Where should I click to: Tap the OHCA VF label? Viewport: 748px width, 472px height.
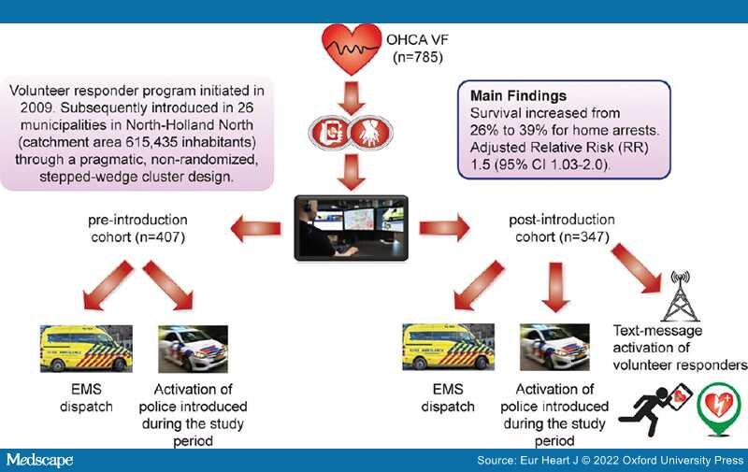point(417,40)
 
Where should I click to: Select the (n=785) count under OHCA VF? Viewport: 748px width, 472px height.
point(418,58)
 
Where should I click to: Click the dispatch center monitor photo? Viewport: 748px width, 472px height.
point(352,228)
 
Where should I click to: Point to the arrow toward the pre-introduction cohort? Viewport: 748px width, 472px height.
point(255,228)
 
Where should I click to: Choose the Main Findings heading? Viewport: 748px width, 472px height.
point(519,96)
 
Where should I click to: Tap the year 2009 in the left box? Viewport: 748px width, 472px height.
point(36,107)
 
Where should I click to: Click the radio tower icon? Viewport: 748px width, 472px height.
point(681,296)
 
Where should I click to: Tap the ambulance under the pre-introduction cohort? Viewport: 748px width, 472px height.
point(86,349)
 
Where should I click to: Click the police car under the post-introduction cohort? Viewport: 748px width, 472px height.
point(554,348)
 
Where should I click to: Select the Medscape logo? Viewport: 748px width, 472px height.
point(39,460)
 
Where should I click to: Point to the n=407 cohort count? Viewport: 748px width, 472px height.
point(160,237)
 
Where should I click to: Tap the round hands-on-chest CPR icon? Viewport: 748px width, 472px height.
point(371,132)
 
